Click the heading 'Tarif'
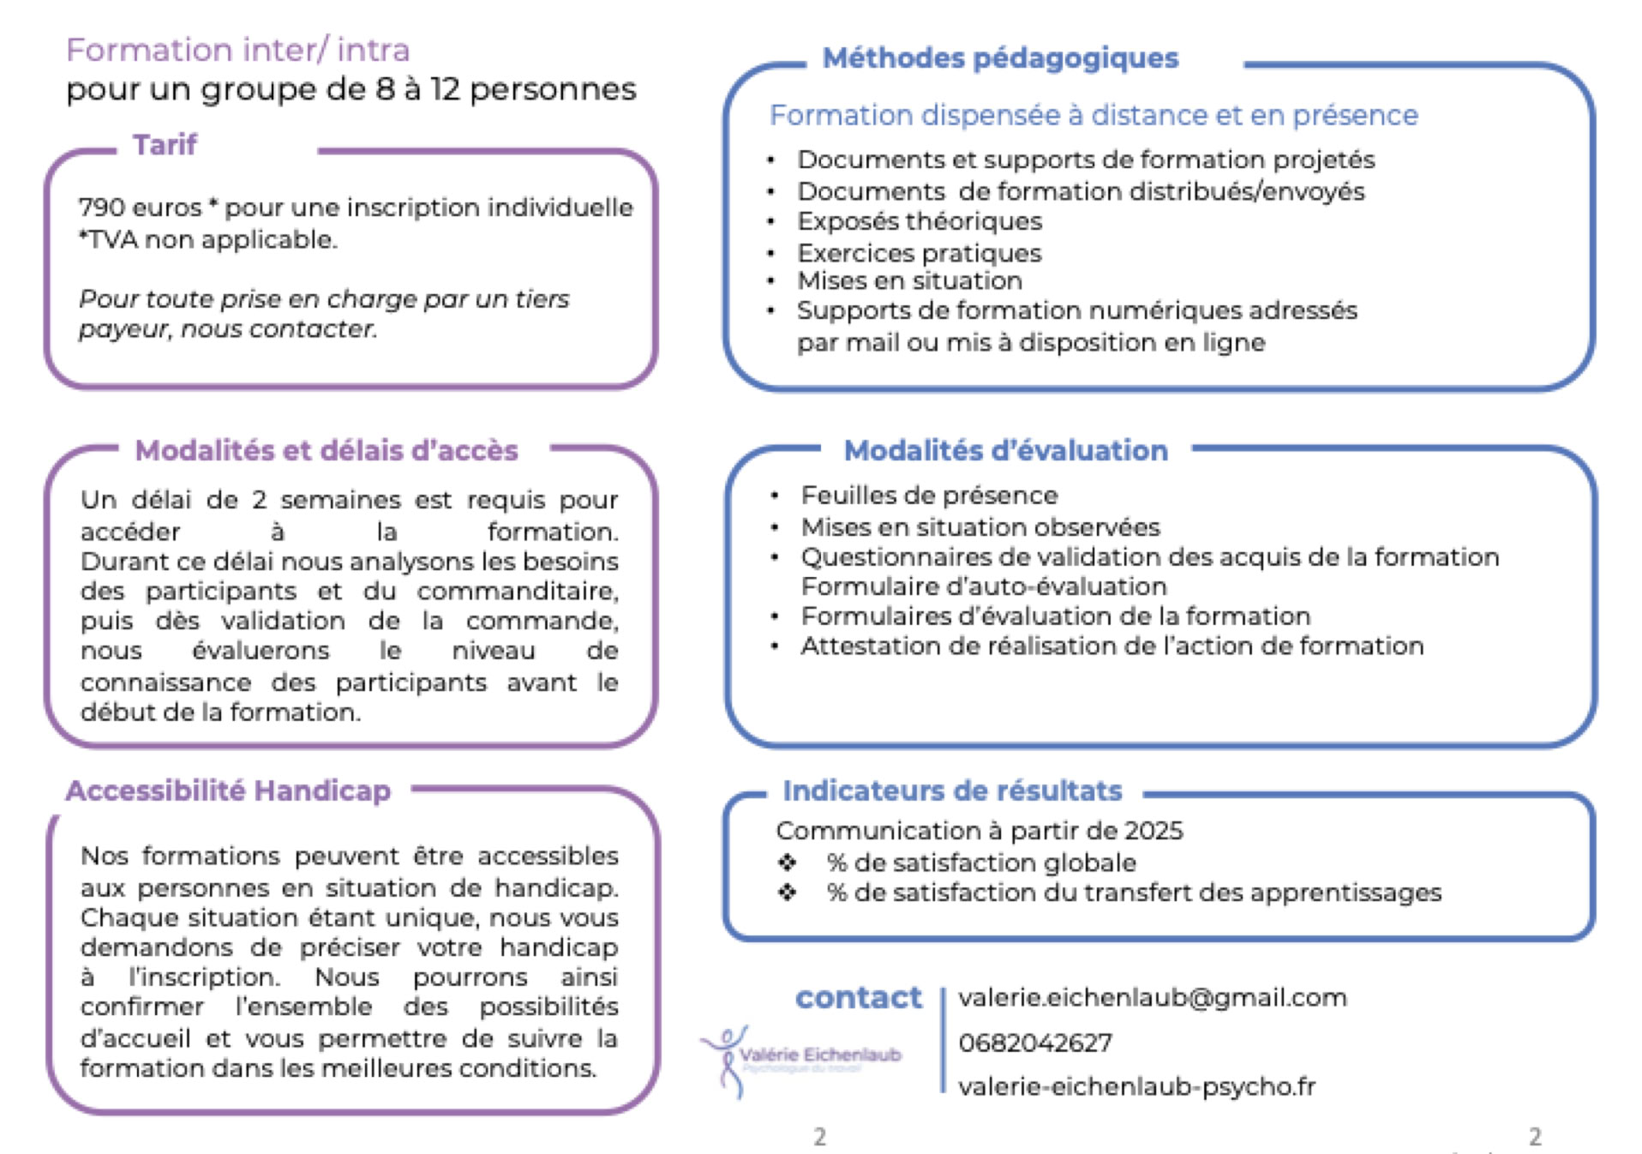164,145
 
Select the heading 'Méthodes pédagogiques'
1000,58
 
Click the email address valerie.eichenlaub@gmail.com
1152,997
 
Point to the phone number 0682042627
1034,1043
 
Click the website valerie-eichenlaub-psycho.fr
1136,1086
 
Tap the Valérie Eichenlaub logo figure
727,1060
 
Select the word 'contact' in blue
858,997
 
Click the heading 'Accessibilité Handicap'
228,790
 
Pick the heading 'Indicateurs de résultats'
951,790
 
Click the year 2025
1153,830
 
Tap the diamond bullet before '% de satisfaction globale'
787,862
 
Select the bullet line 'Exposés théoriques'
919,221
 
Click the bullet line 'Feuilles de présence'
929,496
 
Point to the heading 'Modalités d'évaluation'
1005,450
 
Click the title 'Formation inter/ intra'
237,51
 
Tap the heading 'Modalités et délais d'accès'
327,450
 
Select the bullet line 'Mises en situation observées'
980,526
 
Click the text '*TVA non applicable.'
207,239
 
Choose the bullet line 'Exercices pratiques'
919,253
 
